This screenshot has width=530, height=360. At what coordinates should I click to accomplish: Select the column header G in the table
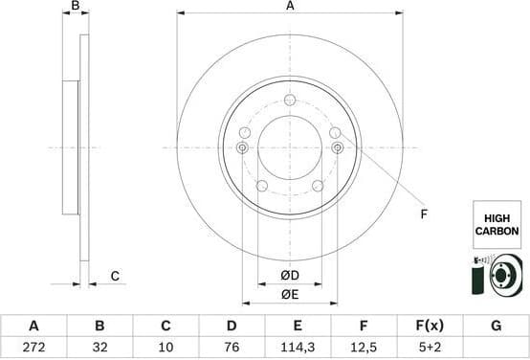tap(496, 326)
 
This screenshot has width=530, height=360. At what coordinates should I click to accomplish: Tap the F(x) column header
tap(430, 326)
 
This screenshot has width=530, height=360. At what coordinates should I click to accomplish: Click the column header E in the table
tap(298, 326)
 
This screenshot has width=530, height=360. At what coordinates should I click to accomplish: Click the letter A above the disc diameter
tap(290, 7)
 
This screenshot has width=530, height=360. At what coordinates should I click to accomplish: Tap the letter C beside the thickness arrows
tap(114, 277)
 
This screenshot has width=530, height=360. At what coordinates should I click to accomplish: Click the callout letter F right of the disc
tap(424, 214)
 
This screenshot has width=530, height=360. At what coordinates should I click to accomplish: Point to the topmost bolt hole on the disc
tap(290, 99)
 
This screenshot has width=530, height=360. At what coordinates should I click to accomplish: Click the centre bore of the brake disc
tap(290, 147)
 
